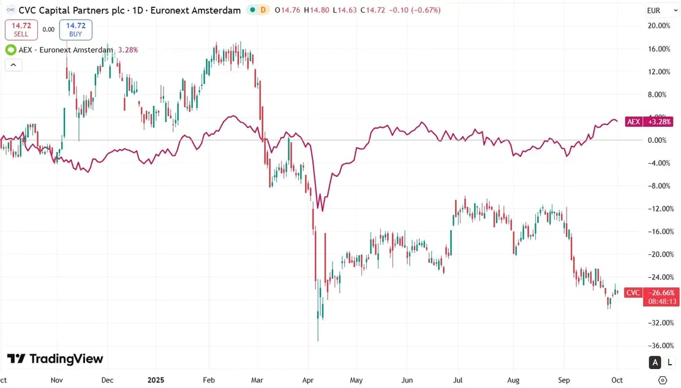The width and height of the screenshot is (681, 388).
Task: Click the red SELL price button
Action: [21, 29]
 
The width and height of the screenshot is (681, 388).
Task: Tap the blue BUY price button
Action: [75, 29]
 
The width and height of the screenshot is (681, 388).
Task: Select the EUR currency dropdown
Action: [653, 10]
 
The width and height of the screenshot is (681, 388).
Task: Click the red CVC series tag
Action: [633, 293]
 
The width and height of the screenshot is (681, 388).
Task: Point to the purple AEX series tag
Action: [633, 122]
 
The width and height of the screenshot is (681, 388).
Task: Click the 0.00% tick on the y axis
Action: [658, 140]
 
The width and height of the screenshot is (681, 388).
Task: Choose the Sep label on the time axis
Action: [563, 380]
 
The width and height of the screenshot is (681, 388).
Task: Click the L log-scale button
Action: [670, 363]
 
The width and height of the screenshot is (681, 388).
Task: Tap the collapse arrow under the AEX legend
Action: [13, 64]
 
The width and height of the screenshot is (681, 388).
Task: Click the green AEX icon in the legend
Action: [11, 50]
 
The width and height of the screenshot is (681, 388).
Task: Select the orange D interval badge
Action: [263, 10]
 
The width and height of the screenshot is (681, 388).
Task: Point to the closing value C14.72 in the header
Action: [372, 10]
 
